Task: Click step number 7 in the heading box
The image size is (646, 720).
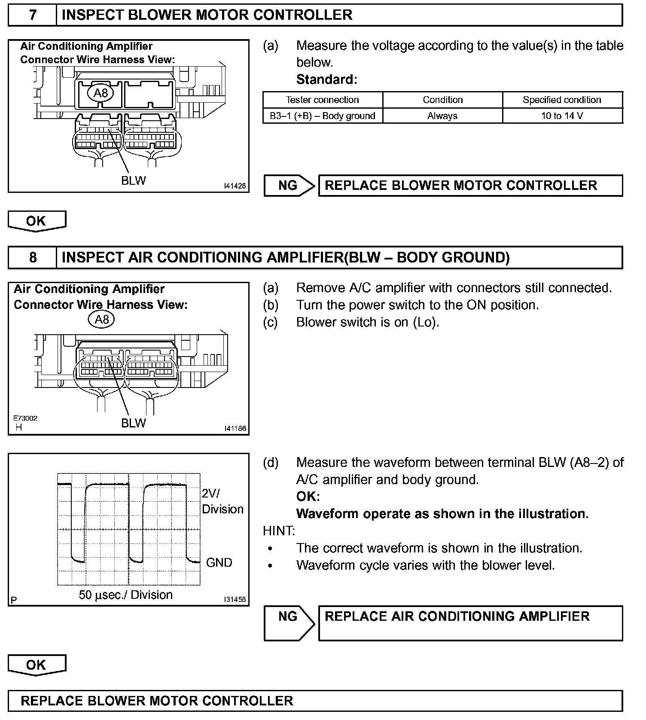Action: coord(33,15)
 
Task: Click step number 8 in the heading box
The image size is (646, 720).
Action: coord(33,257)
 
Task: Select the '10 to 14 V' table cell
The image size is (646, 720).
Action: coord(562,116)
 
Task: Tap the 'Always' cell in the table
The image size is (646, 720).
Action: coord(442,116)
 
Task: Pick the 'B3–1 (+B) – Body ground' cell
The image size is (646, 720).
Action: coord(323,116)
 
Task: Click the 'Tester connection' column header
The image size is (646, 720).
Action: coord(323,100)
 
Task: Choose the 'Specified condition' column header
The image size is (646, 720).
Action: coord(562,100)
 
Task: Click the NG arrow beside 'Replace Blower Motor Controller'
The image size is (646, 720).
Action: coord(289,186)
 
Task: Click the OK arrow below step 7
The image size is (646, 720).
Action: coord(37,221)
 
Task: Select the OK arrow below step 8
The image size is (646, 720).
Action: coord(37,665)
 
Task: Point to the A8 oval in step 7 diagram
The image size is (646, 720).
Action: coord(101,93)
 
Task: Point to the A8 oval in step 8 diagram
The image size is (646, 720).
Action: coord(101,320)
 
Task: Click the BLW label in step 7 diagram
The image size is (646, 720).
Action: coord(133,181)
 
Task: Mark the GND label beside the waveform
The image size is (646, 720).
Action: coord(219,563)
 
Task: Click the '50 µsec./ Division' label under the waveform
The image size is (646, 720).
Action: coord(125,595)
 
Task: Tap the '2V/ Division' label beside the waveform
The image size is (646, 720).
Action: coord(222,501)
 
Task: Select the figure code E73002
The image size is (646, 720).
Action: coord(25,418)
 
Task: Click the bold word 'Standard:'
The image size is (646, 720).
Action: coord(326,79)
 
